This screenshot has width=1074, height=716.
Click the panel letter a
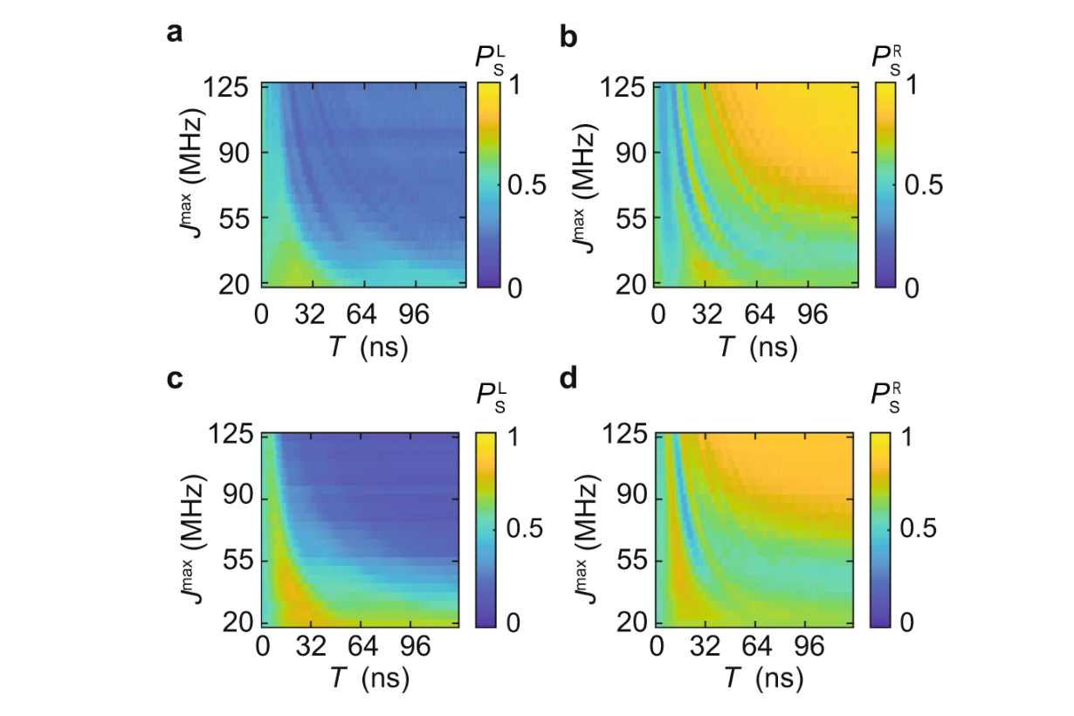175,33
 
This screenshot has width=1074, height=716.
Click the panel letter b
568,37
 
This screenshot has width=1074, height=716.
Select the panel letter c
175,379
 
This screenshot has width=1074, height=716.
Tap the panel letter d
568,378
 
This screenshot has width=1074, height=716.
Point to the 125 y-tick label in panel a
226,87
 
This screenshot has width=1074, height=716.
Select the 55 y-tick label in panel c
238,561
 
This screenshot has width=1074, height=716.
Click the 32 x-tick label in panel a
310,315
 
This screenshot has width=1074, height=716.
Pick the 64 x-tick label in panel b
760,315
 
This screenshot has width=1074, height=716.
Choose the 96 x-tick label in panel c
416,646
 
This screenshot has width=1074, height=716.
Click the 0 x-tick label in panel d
657,646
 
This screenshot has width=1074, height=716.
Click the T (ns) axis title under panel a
368,348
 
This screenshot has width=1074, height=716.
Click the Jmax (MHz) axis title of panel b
583,188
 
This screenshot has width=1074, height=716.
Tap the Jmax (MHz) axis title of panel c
193,539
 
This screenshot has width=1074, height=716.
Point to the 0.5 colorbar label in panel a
527,185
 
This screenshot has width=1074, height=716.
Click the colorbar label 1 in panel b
911,86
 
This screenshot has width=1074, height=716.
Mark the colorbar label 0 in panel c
513,623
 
